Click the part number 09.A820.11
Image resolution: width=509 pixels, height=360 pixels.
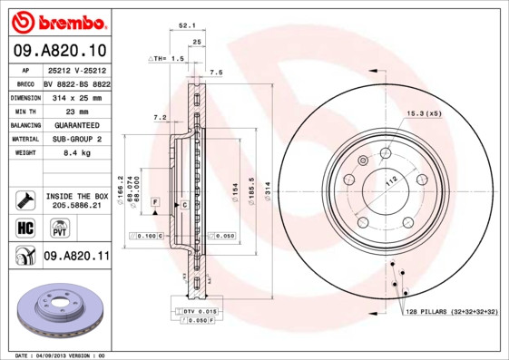[76, 257]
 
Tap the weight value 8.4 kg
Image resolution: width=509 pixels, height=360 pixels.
[76, 153]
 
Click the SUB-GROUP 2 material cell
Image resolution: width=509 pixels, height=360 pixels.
[76, 139]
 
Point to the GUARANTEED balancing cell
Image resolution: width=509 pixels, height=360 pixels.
[76, 124]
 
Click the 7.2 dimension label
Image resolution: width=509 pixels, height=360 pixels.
[159, 117]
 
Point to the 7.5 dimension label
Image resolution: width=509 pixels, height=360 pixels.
[216, 72]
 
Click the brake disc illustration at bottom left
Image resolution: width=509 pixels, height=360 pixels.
[58, 310]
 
